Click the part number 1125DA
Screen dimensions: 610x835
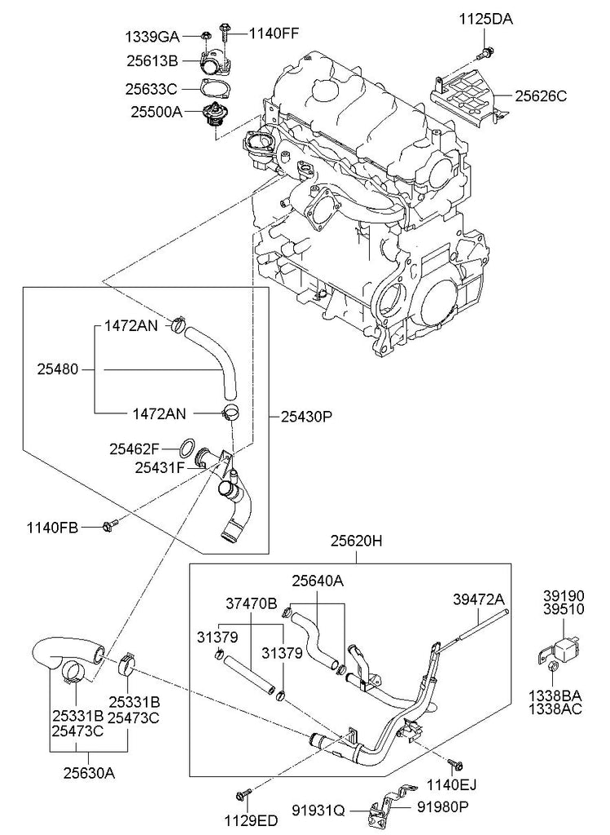[486, 20]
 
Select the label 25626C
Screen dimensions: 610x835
[540, 96]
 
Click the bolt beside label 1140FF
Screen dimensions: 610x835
[225, 33]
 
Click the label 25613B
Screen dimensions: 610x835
[152, 60]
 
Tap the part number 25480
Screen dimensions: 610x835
[58, 369]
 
